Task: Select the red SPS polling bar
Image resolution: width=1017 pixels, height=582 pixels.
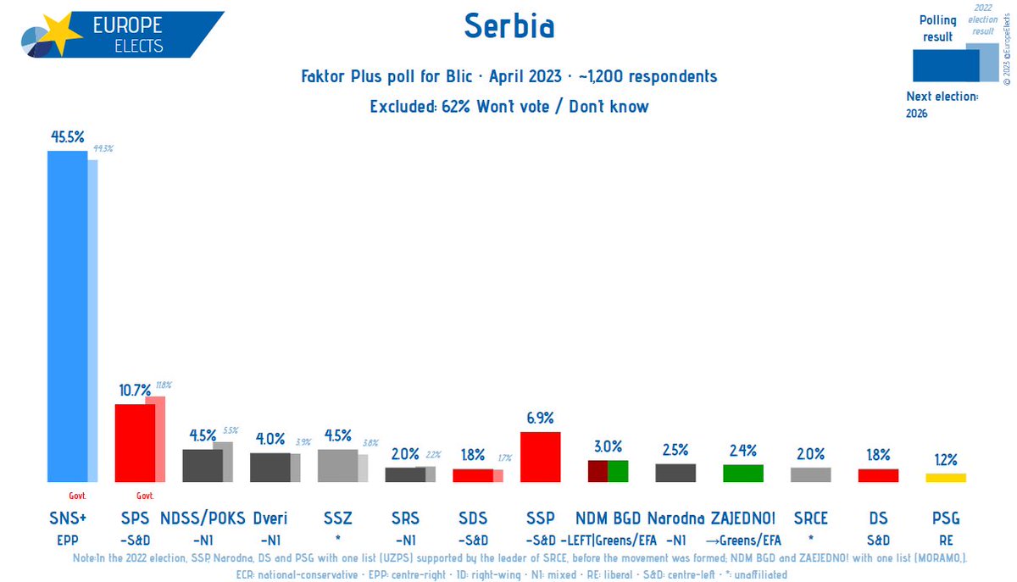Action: coord(134,443)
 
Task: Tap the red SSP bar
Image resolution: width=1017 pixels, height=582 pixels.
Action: coord(540,457)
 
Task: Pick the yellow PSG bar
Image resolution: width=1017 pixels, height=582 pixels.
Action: coord(946,478)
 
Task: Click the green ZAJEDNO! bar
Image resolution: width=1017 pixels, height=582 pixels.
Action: coord(743,473)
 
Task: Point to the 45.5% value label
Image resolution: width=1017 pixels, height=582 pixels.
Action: coord(67,135)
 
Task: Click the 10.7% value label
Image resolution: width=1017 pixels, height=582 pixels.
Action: coord(134,391)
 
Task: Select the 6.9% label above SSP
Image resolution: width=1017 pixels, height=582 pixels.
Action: coord(540,418)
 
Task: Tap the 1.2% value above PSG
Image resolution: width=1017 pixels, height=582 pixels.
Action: coord(946,460)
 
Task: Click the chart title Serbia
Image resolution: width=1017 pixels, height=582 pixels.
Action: coord(508,27)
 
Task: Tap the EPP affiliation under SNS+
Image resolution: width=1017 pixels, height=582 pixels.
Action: coord(67,540)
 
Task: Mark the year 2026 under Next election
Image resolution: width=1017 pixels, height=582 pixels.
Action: coord(917,113)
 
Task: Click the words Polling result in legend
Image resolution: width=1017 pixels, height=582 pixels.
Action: coord(937,28)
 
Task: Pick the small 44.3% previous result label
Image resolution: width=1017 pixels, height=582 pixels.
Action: coord(103,148)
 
